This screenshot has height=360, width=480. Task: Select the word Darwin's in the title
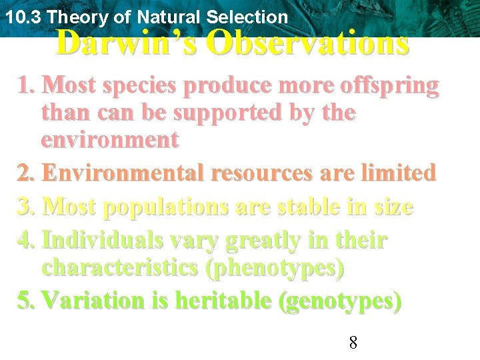[127, 43]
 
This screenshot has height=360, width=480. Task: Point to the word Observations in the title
[307, 43]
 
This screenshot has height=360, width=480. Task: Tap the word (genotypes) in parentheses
[341, 301]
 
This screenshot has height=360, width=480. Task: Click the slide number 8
[353, 343]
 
